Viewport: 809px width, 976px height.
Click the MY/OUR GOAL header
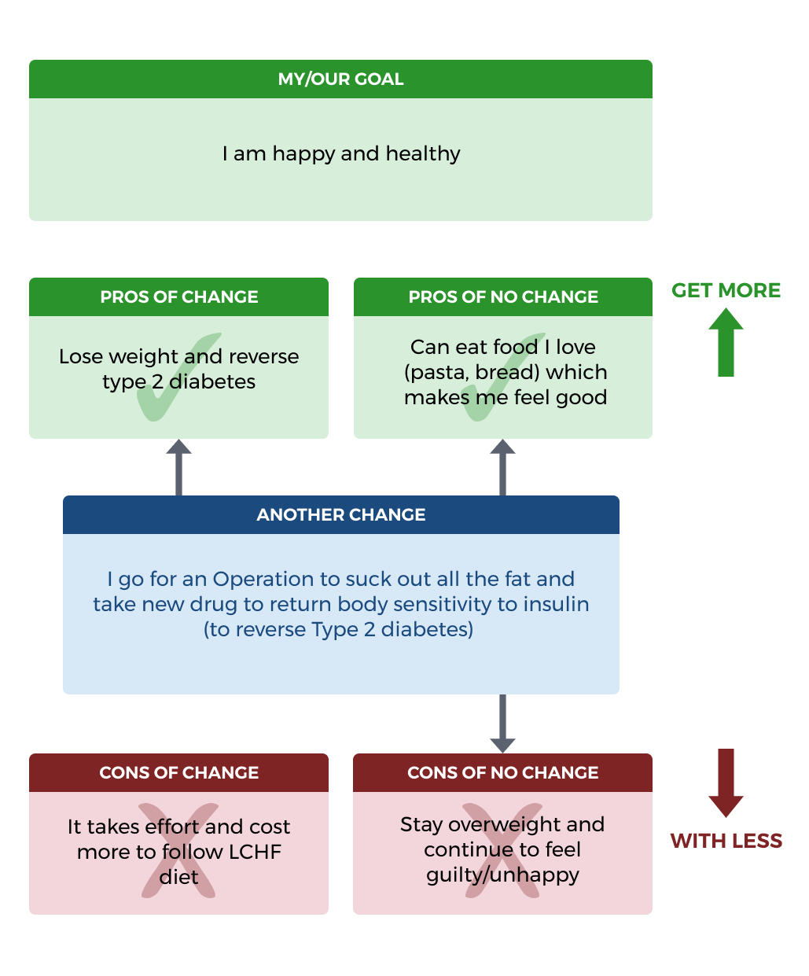coord(340,79)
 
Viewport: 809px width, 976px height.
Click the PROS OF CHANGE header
coord(178,297)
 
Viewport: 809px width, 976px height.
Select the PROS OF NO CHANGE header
coord(503,297)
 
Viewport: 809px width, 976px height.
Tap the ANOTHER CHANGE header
coord(340,515)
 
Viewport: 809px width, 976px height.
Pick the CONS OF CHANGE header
coord(178,773)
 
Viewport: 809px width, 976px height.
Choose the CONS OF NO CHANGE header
coord(502,773)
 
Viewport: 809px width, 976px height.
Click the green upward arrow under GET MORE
coord(726,343)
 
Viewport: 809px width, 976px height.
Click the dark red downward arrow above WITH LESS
coord(726,783)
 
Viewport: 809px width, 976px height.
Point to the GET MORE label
coord(726,290)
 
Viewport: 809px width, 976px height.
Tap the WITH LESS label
coord(726,841)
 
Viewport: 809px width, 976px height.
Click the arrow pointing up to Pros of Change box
coord(178,467)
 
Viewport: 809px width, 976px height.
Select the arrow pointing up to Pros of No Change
coord(502,467)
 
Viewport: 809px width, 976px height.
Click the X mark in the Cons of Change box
coord(178,850)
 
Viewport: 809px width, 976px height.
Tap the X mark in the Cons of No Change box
coord(502,850)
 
